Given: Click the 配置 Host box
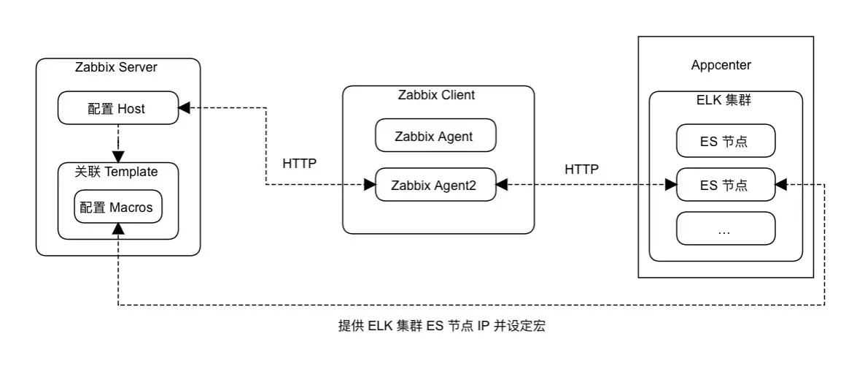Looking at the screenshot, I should [x=117, y=109].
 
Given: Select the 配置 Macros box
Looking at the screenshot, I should [x=117, y=208].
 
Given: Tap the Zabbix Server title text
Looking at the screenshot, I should [x=117, y=68].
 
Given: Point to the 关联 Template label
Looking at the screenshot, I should [x=117, y=172].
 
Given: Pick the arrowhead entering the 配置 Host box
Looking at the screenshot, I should [x=185, y=108].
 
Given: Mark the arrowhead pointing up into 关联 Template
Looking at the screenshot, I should [x=117, y=229].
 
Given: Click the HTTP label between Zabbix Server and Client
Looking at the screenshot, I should [x=300, y=164].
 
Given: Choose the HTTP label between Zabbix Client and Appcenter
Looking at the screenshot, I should [x=581, y=169].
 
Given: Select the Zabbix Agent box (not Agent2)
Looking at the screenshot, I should [x=434, y=136].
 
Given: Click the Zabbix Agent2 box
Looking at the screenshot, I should [x=434, y=186].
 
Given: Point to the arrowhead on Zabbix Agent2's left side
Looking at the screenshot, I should [x=369, y=186].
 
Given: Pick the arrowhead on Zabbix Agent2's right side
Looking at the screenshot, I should [x=502, y=186].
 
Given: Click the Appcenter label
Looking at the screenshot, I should [x=721, y=65].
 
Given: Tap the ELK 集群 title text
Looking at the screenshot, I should [x=724, y=101].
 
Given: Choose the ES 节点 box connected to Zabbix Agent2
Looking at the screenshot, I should [x=726, y=186].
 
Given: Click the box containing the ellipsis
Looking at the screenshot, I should [x=726, y=229].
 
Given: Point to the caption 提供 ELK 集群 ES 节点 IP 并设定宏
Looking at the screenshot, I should [x=441, y=327].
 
